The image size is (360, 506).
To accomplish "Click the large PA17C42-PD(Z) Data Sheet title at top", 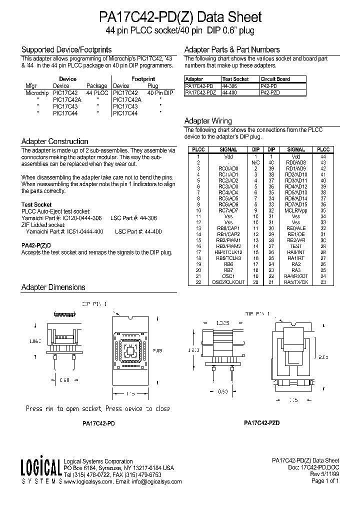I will point(179,17).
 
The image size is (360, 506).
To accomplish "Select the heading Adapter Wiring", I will point(208,121).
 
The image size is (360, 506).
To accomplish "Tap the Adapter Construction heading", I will point(54,141).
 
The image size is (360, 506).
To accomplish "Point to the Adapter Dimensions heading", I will point(53,287).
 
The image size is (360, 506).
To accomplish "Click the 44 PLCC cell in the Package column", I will point(97,93).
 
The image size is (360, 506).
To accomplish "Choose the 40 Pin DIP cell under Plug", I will point(160,93).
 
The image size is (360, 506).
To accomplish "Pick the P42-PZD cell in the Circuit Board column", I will point(270,91).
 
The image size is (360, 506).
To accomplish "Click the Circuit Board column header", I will point(275,79).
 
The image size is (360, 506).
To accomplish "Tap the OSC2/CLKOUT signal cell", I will point(228,282).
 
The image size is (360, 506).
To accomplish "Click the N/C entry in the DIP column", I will point(255,162).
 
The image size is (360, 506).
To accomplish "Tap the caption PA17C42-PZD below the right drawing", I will point(261,422).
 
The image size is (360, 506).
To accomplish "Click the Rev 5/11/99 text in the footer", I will point(324,474).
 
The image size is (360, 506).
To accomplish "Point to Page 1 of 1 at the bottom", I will point(325,481).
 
